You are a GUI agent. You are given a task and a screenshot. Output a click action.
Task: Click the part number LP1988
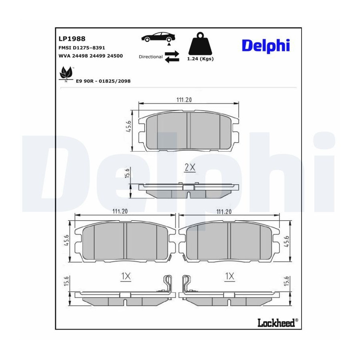pyautogui.click(x=72, y=38)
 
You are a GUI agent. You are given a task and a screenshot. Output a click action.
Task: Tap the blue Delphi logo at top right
pyautogui.click(x=266, y=46)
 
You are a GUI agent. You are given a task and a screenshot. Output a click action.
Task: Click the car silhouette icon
pyautogui.click(x=158, y=37)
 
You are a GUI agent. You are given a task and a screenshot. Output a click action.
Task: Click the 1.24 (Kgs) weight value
pyautogui.click(x=200, y=59)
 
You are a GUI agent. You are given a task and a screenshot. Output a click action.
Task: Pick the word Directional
pyautogui.click(x=151, y=57)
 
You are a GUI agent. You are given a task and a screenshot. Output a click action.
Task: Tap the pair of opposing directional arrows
pyautogui.click(x=172, y=57)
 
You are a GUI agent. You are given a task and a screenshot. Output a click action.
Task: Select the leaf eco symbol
pyautogui.click(x=66, y=74)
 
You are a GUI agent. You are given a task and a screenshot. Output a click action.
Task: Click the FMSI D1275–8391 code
pyautogui.click(x=82, y=48)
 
